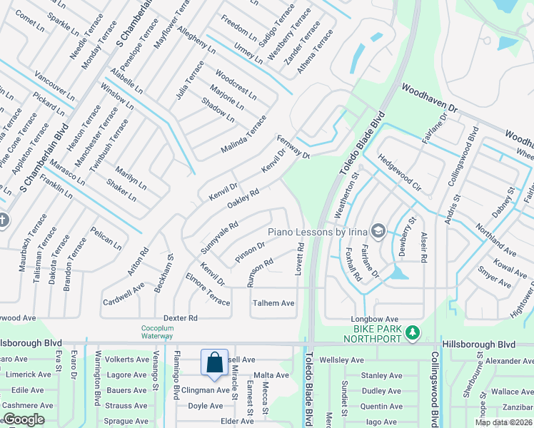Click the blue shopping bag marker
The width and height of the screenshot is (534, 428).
pos(214,363)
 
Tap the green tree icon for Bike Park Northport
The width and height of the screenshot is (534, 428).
pos(411,332)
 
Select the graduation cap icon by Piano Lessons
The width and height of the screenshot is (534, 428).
pos(378,231)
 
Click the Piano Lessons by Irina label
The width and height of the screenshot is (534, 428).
pos(318,232)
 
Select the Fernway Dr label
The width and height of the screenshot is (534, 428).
pos(293,146)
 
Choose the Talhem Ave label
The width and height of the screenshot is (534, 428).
pos(273,303)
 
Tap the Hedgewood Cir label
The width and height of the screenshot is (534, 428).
pos(398,170)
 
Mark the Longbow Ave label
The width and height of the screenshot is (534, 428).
pos(373,319)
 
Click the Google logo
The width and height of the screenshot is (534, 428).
pos(24,419)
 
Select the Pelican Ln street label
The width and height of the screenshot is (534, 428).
pos(106,238)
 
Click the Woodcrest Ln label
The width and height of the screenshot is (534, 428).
pos(236,83)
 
